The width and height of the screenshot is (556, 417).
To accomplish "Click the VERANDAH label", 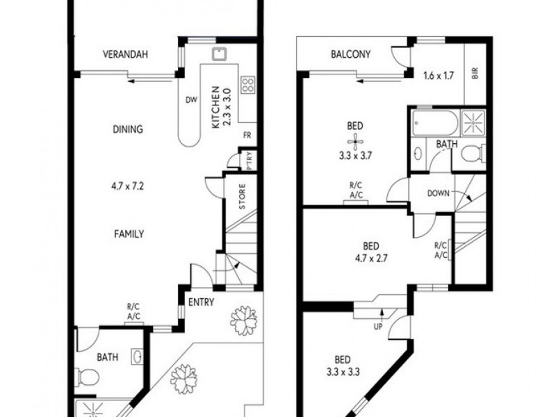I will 126,55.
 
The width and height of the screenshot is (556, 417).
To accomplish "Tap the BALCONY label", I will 350,54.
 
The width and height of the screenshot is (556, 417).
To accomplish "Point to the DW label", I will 190,100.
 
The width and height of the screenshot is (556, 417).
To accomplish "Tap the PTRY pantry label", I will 250,161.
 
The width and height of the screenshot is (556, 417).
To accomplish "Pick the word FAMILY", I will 129,234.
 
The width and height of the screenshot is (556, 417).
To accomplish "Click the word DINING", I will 127,129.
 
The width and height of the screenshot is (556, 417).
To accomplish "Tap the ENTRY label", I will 202,302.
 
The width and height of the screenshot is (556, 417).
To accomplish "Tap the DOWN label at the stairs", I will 439,194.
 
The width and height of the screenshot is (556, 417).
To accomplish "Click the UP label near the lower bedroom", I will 379,326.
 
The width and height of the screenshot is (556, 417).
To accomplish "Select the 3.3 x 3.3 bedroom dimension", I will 342,372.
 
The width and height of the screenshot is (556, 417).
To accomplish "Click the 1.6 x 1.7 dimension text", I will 439,75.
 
